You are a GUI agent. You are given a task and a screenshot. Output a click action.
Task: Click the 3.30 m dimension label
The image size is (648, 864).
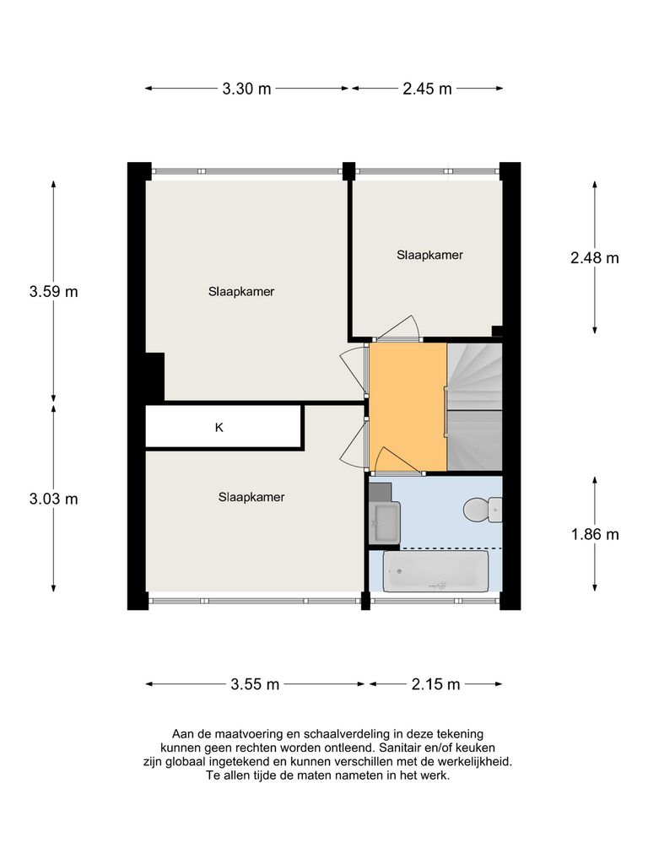246,89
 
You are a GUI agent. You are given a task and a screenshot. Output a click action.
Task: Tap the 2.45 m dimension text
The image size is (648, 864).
427,89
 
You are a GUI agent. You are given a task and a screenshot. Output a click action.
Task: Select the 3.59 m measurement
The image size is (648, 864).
53,292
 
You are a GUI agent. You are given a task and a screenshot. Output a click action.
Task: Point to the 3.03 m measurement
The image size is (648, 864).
53,499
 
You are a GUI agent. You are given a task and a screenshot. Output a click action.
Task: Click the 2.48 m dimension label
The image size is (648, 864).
594,258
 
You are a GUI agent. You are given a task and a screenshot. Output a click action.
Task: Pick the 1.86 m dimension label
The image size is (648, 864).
594,534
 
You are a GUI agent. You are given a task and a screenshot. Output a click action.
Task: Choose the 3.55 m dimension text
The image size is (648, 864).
255,684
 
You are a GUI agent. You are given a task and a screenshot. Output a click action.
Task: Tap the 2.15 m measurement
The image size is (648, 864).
435,684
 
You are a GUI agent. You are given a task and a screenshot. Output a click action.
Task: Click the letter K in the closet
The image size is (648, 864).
219,428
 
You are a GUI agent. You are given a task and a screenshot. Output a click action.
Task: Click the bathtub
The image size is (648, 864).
435,572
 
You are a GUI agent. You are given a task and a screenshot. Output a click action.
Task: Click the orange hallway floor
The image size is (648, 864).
407,397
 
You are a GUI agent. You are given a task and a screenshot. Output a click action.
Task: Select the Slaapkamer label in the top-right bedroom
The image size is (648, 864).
429,254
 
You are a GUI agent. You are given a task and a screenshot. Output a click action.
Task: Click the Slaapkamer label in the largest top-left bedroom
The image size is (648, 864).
242,292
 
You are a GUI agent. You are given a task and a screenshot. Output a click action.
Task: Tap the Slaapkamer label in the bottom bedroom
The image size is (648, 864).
251,497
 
